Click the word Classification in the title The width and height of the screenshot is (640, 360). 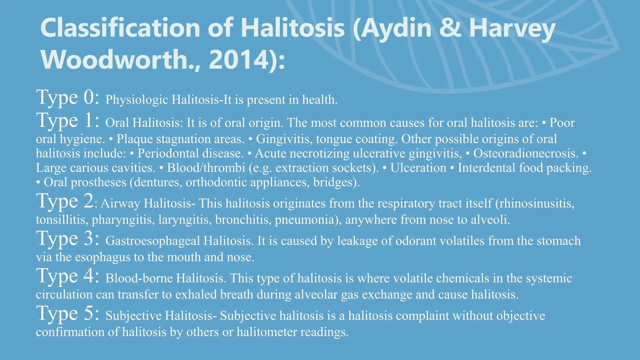tap(120, 28)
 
